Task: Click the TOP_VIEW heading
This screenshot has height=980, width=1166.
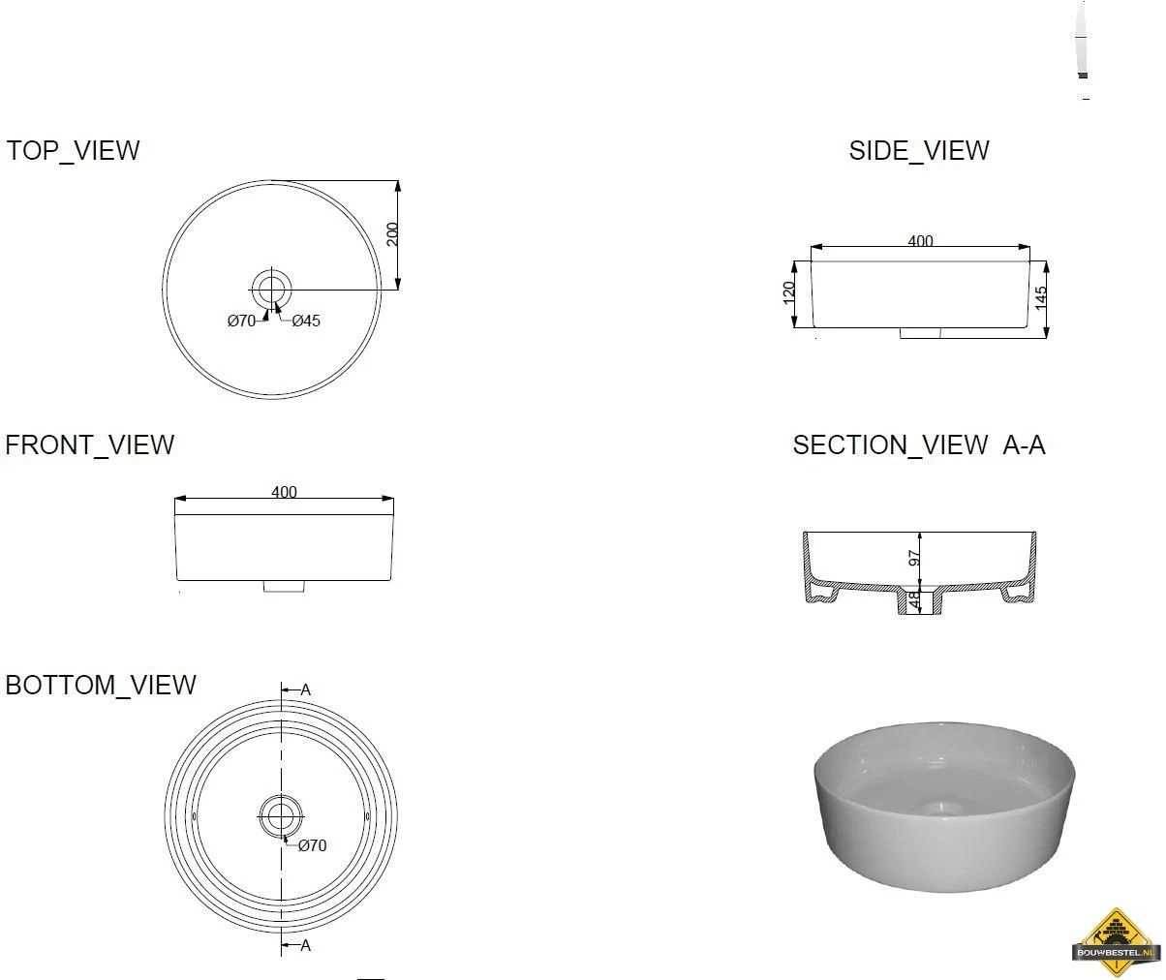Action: [x=73, y=151]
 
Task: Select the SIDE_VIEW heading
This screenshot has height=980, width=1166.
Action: [x=919, y=151]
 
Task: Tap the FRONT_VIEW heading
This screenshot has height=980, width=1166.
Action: [x=89, y=445]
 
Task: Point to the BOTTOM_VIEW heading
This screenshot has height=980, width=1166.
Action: [x=101, y=686]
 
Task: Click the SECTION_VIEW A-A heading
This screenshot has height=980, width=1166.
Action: [x=919, y=445]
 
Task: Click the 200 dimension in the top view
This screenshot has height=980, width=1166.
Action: [x=392, y=234]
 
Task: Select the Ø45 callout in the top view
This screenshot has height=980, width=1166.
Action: [x=306, y=321]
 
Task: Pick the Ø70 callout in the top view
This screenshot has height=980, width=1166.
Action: [x=241, y=321]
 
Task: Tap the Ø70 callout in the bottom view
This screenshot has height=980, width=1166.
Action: [x=312, y=845]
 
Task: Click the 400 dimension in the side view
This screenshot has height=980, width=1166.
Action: [x=920, y=241]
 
